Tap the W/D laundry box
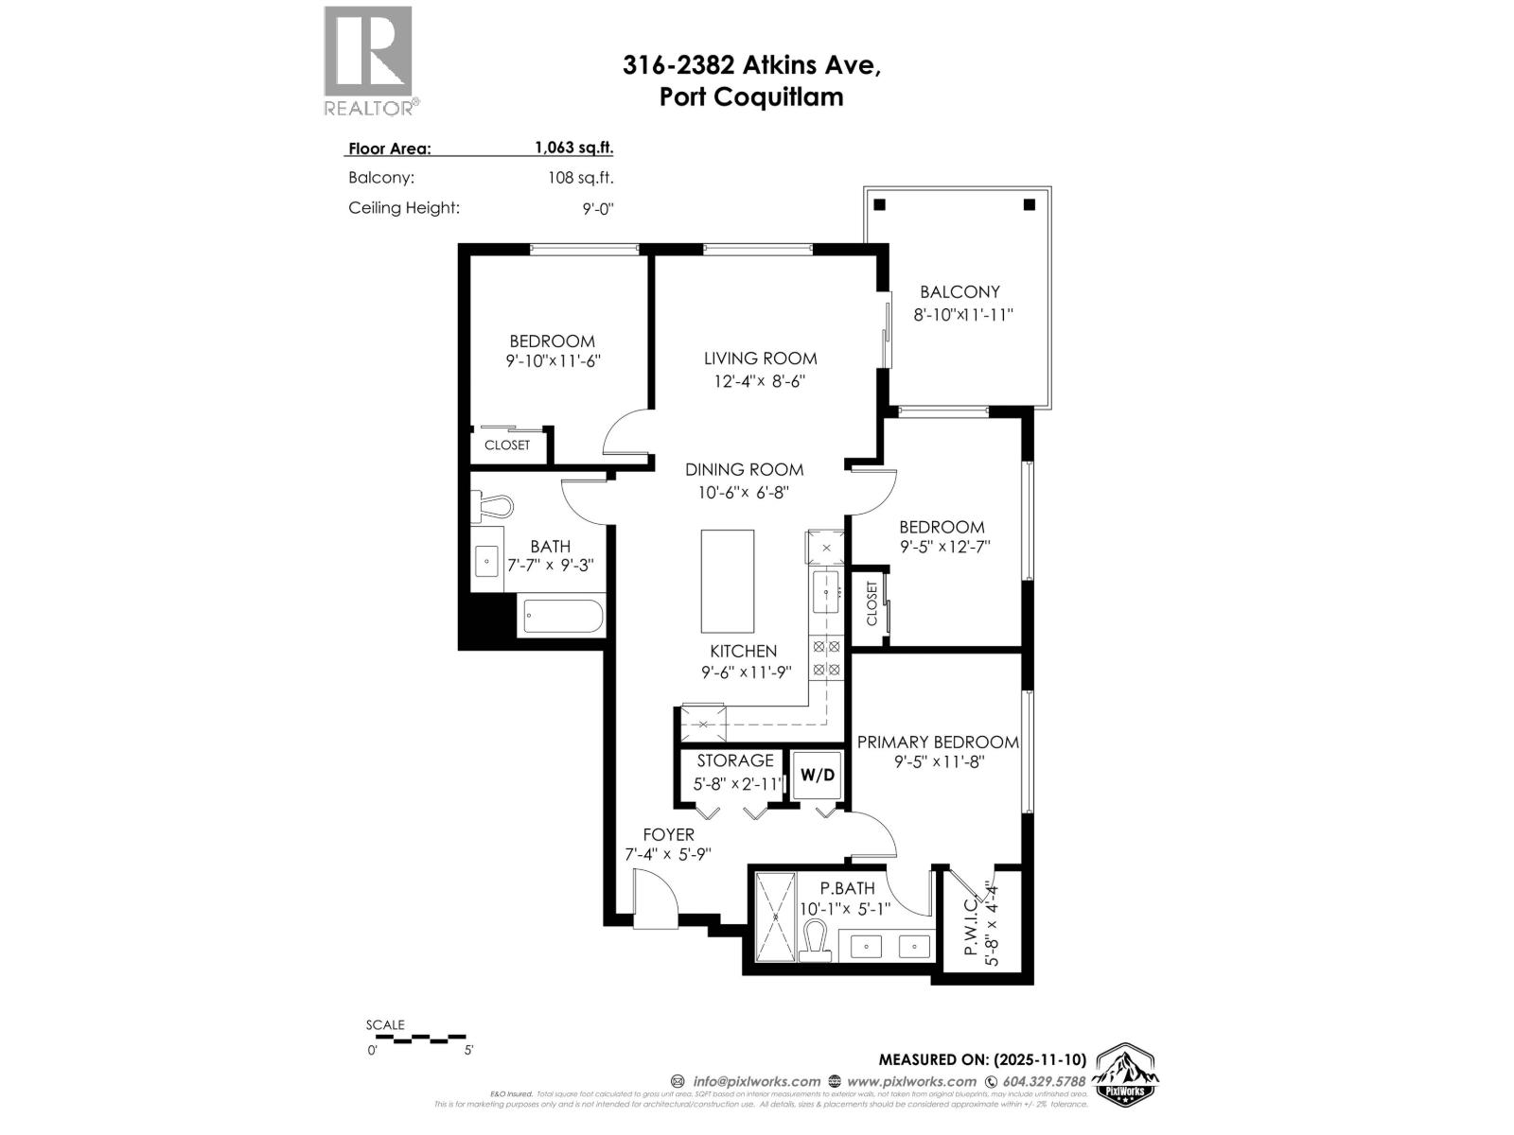pos(818,776)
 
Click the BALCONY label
pos(959,292)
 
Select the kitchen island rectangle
pos(727,581)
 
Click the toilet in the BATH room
pos(492,505)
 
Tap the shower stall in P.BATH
pos(774,916)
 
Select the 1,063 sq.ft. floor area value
pos(573,148)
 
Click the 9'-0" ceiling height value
pos(598,208)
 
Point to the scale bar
pos(416,1039)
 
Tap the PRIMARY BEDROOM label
pos(938,742)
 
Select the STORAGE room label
pos(735,760)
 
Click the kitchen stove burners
pos(826,658)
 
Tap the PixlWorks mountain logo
pos(1126,1074)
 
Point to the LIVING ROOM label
pos(760,358)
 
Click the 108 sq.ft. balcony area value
pos(581,178)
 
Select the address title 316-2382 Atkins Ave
pos(751,65)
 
